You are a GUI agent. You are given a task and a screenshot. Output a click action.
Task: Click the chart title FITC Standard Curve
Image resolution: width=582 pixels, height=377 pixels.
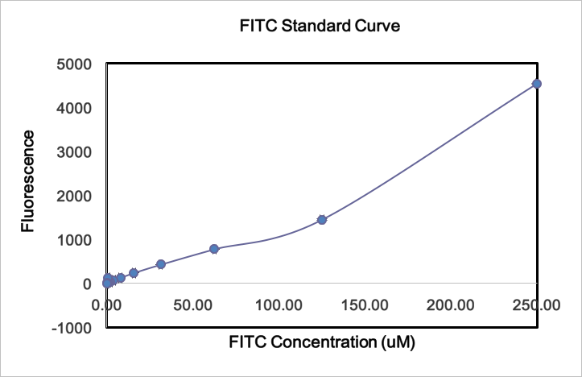[x=320, y=26]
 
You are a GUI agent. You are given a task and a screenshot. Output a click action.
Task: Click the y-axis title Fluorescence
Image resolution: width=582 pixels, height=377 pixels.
[x=28, y=180]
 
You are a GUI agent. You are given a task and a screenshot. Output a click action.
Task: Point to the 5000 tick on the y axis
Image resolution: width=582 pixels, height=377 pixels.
[x=74, y=64]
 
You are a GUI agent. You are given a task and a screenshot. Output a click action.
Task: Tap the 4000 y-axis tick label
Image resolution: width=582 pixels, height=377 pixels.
[x=74, y=108]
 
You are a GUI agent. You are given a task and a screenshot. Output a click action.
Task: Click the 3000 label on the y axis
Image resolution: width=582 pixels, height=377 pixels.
[x=74, y=152]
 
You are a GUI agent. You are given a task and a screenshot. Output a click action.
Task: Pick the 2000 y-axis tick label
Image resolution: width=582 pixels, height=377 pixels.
[x=74, y=196]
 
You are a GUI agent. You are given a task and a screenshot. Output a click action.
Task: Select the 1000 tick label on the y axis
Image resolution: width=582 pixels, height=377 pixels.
[x=74, y=240]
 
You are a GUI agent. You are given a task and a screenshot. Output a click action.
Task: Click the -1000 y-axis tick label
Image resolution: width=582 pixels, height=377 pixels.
[x=71, y=327]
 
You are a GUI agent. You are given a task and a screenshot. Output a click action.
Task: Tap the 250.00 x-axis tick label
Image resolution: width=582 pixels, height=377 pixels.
[x=535, y=305]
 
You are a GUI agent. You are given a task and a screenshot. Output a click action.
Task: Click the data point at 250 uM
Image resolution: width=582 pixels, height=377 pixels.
[x=537, y=84]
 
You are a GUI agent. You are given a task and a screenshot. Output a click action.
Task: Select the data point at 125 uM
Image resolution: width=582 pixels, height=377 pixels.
[x=322, y=219]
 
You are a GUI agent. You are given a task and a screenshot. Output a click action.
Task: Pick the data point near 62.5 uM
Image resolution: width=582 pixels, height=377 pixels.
[x=214, y=249]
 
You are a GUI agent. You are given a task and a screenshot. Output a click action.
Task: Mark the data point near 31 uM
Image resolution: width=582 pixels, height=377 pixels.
[x=161, y=264]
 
